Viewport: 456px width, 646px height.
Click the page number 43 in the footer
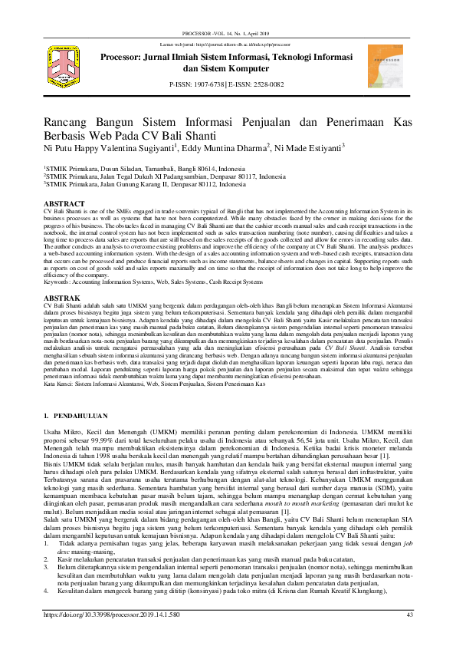tap(409, 615)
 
